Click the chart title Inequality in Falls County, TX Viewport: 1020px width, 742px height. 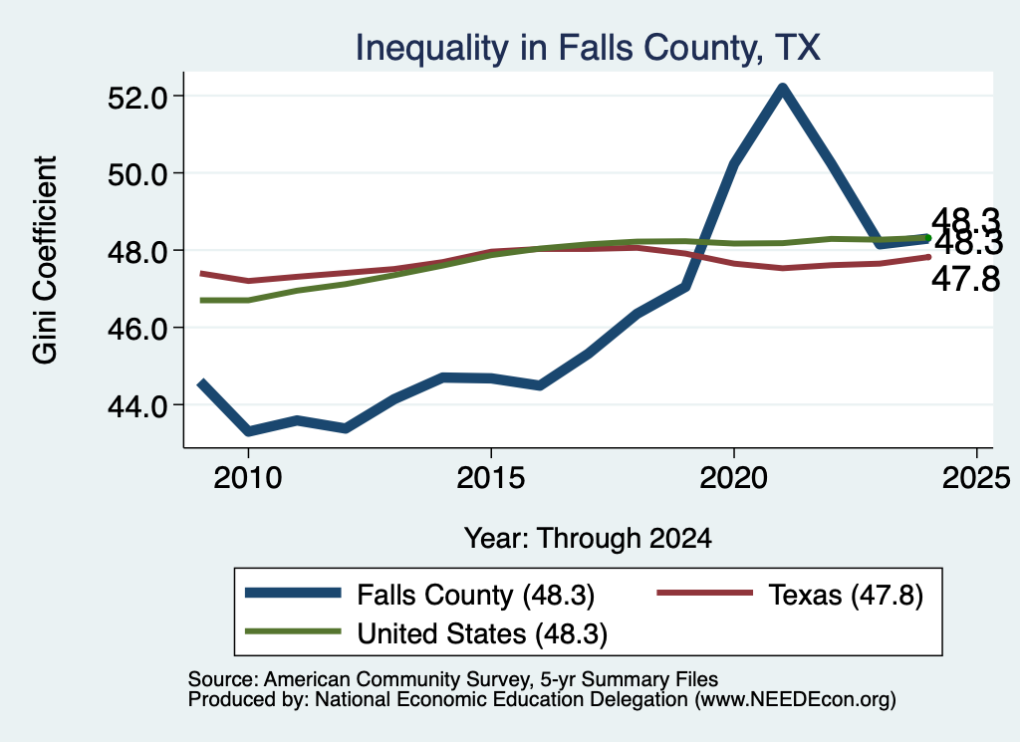click(588, 48)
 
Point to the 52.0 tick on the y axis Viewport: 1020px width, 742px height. click(137, 98)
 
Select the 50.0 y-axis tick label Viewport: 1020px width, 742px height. click(137, 174)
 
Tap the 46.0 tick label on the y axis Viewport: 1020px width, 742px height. click(137, 329)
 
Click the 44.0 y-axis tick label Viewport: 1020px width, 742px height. click(137, 406)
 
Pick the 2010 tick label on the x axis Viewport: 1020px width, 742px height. click(248, 478)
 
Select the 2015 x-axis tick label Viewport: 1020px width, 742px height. click(490, 478)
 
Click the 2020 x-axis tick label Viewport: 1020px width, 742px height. click(734, 478)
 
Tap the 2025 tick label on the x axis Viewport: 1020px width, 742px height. click(976, 478)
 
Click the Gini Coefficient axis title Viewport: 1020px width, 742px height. click(45, 260)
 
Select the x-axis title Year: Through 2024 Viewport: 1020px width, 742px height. click(588, 539)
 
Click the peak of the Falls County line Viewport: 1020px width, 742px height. click(782, 88)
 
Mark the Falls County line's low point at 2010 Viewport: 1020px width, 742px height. click(248, 431)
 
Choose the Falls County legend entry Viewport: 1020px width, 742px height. click(419, 595)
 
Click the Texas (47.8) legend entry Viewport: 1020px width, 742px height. click(790, 595)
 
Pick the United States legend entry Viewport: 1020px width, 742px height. click(426, 634)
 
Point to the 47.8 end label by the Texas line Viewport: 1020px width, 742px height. click(965, 280)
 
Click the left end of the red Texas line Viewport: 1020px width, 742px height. click(200, 273)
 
